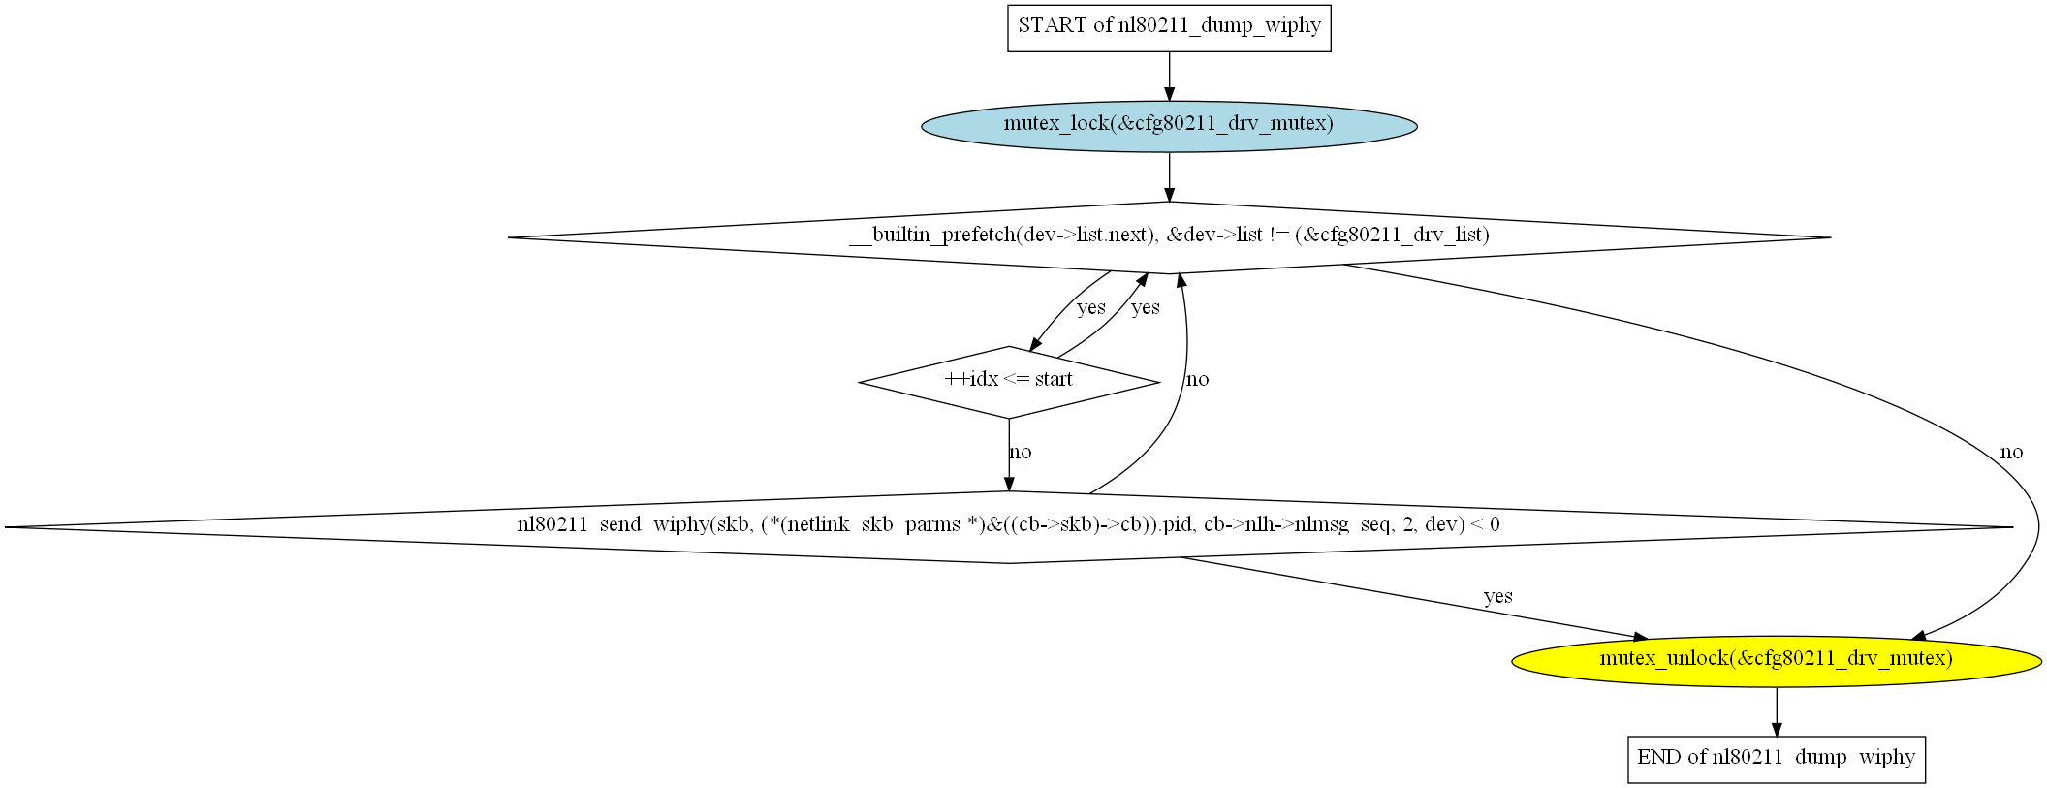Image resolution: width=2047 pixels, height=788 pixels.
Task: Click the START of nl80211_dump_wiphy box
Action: point(1169,28)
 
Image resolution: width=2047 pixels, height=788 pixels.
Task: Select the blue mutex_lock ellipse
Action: point(1169,126)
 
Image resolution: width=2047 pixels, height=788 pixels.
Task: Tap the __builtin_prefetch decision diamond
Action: point(1169,237)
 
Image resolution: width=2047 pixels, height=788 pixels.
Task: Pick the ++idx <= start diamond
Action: point(1009,382)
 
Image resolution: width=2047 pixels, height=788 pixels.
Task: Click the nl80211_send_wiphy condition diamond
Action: point(1009,527)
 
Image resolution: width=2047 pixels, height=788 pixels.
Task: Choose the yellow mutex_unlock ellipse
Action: point(1777,661)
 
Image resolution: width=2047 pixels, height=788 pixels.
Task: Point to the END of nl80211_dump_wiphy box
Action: point(1777,759)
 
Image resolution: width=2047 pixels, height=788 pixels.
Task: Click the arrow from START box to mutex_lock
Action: point(1169,77)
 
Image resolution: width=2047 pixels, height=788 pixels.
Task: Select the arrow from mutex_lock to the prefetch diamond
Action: point(1169,176)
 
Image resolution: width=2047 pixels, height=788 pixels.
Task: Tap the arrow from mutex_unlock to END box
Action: point(1777,711)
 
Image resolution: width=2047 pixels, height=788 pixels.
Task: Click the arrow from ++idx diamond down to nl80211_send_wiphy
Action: point(1009,455)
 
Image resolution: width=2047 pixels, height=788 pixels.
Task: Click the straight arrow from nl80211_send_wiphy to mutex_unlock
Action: point(1413,598)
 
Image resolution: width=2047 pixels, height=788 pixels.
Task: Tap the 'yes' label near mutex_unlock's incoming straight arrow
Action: point(1497,596)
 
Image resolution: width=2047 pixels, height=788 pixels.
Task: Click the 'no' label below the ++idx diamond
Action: point(1020,452)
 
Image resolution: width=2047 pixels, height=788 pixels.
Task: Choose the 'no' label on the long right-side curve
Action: point(2011,452)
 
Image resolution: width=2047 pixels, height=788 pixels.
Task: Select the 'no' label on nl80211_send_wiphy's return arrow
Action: point(1197,379)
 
